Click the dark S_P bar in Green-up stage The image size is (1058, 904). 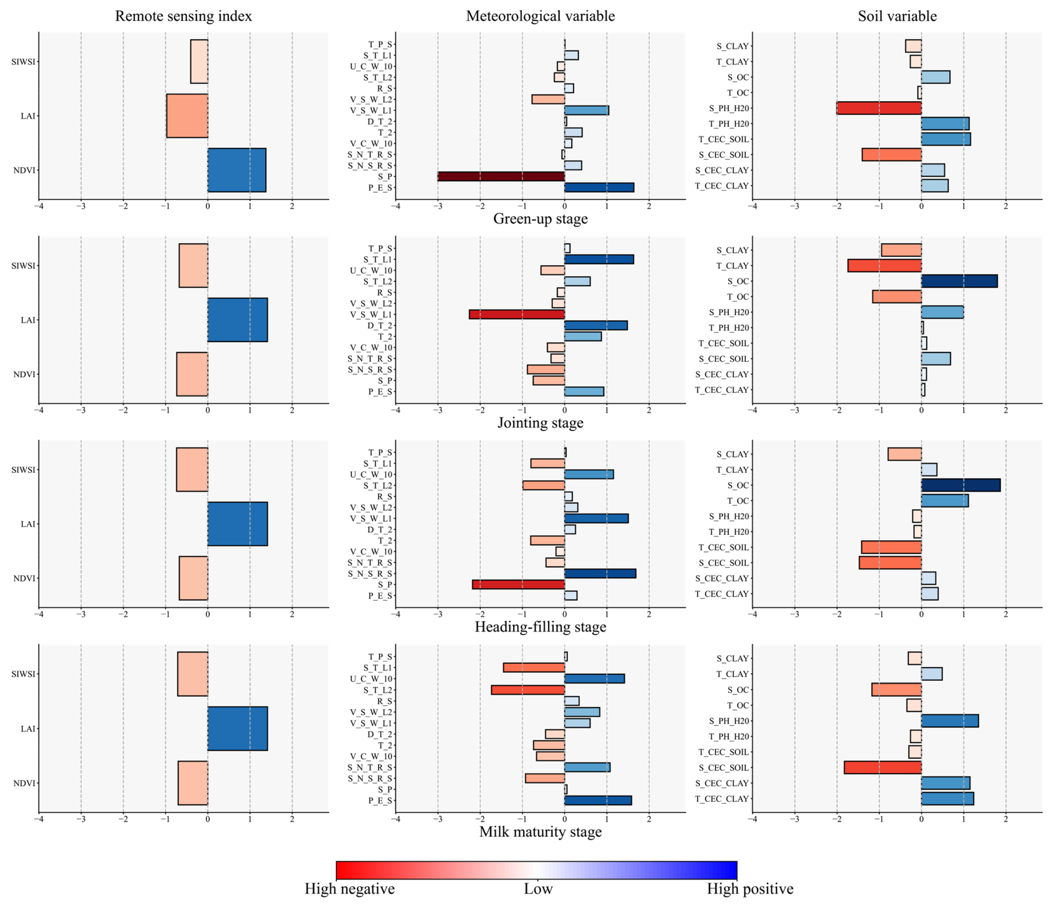point(501,176)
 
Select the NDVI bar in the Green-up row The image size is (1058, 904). point(236,170)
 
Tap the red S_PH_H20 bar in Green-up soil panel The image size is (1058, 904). point(879,108)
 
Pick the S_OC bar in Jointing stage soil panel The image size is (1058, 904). point(959,281)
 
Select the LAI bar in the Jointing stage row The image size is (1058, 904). point(237,320)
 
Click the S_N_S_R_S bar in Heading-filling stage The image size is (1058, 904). point(600,573)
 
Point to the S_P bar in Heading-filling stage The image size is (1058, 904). point(518,584)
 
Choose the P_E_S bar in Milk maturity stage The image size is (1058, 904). point(597,800)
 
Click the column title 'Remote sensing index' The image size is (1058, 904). point(183,16)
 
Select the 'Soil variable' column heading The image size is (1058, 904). point(897,16)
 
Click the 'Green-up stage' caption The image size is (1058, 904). point(540,219)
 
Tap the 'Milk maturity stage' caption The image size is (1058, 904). point(540,831)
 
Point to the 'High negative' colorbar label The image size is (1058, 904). point(350,889)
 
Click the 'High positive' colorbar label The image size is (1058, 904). point(750,889)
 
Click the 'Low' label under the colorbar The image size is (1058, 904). point(538,889)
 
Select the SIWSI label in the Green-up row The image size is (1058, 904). point(23,62)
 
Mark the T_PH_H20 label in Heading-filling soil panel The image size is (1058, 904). point(729,532)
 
